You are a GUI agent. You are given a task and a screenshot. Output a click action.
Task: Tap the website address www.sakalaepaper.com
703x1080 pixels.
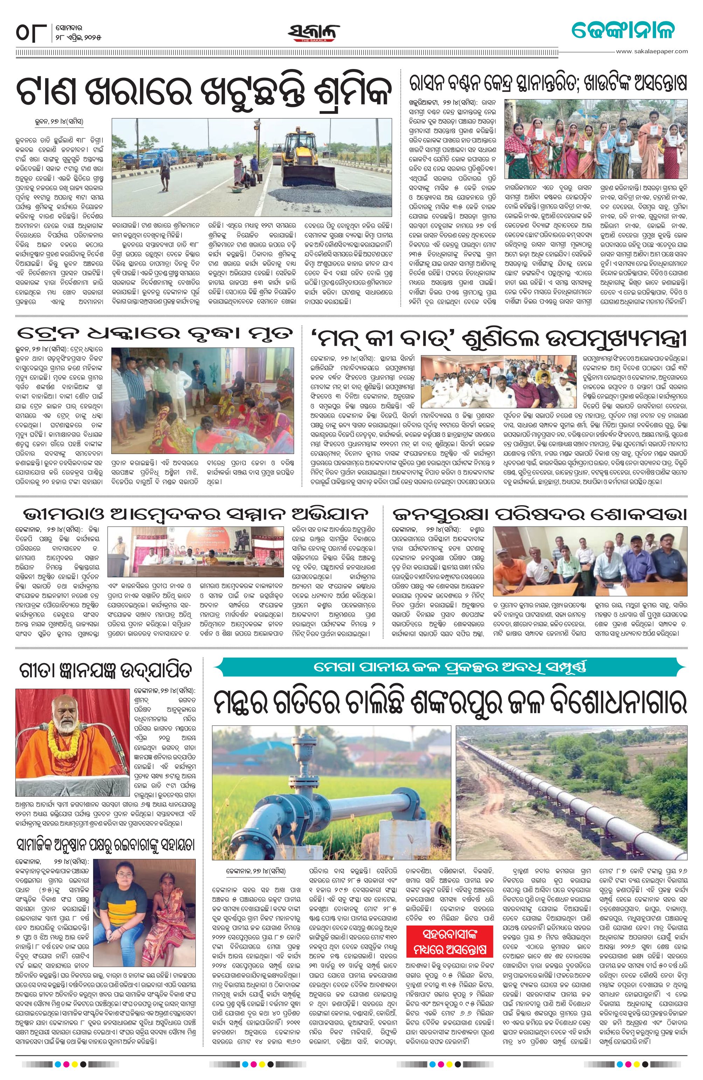pyautogui.click(x=653, y=51)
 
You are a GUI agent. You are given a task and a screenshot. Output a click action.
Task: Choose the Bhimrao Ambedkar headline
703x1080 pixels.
pyautogui.click(x=195, y=514)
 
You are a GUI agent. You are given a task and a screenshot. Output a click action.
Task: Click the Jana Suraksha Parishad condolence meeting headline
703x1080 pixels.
pyautogui.click(x=540, y=514)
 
